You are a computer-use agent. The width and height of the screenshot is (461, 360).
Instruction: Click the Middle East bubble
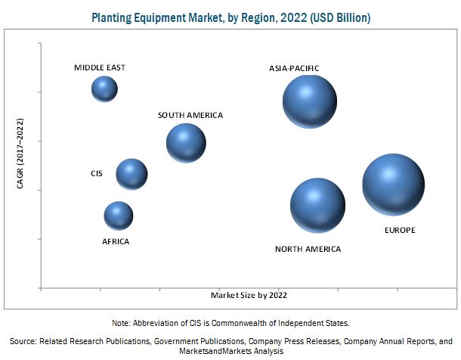[104, 89]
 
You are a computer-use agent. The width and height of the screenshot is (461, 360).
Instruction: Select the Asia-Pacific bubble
[309, 101]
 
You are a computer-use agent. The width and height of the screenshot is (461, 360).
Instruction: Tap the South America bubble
[186, 143]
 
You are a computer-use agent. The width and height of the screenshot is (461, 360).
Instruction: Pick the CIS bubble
[131, 175]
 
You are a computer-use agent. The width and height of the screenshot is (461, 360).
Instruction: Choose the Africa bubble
[118, 216]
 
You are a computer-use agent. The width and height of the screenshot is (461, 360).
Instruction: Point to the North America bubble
[317, 205]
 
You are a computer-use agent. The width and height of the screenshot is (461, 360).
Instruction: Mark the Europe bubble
[393, 185]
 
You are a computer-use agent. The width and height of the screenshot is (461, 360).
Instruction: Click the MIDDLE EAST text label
[100, 68]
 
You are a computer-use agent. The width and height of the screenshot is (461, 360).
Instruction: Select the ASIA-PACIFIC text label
[295, 69]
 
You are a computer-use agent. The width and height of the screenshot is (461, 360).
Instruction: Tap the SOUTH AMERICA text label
[190, 116]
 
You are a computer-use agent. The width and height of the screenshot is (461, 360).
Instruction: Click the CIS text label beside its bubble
[96, 174]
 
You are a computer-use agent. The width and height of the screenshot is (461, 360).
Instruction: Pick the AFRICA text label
[116, 242]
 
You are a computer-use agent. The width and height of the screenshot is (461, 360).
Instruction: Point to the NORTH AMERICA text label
[308, 249]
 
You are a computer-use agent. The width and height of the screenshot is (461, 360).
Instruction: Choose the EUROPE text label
[399, 230]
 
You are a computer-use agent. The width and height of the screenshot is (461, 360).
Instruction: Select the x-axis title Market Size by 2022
[249, 295]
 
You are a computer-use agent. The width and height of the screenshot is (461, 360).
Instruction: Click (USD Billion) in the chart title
[336, 17]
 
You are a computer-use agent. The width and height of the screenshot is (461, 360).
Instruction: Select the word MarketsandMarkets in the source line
[211, 352]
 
